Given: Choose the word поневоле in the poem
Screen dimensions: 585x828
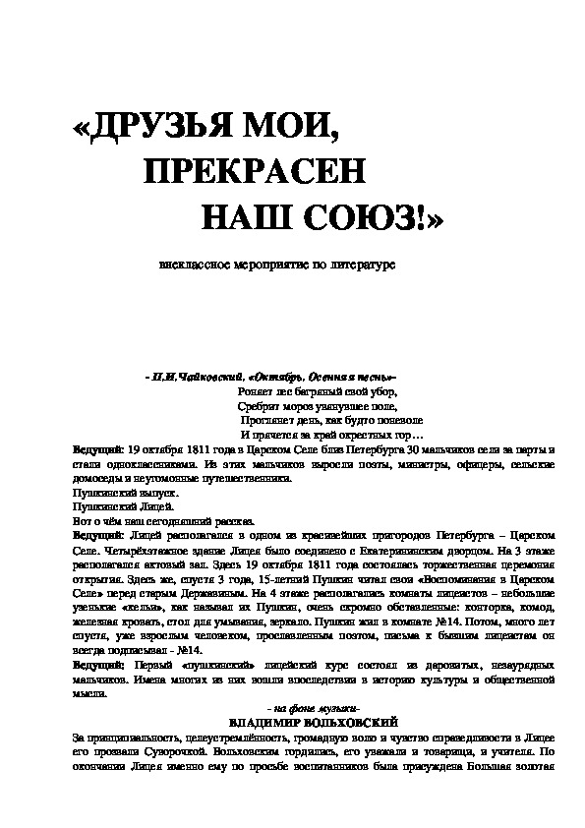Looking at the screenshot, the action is [398, 420].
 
